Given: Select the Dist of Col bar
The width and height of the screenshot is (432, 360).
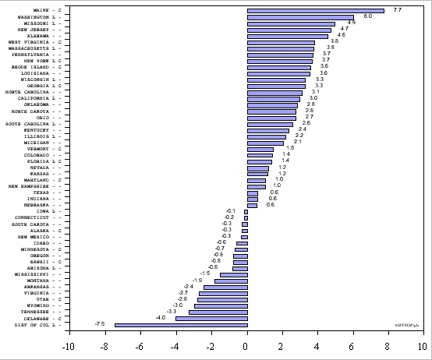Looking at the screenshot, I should pos(181,324).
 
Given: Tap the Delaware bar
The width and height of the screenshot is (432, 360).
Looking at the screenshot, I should pos(211,318).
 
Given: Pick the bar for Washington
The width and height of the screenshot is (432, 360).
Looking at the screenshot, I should pos(300,17).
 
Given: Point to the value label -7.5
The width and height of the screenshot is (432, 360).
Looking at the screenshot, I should pos(100,323).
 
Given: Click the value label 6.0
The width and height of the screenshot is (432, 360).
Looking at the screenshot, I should pos(367,16).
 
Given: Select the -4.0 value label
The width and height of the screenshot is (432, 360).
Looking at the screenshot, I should pos(161,317).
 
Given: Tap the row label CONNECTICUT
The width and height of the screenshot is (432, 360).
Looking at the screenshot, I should pos(34,217).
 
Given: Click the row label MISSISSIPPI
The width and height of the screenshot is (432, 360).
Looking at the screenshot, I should pos(34,274).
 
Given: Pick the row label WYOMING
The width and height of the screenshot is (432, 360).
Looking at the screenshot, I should pos(37,305).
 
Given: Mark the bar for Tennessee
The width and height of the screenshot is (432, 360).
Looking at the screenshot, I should pos(218,312).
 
